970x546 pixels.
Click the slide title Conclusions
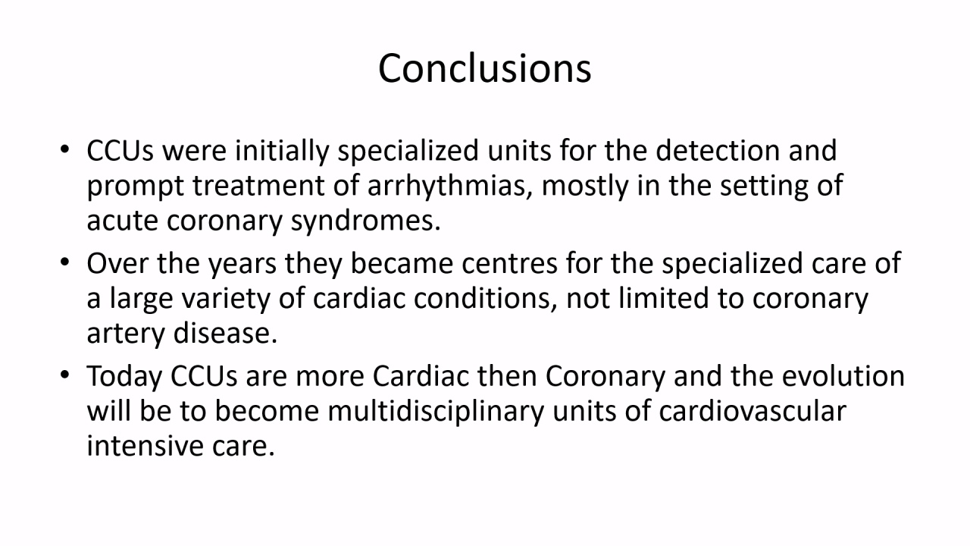(484, 68)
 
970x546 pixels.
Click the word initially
(282, 151)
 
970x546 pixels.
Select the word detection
(718, 150)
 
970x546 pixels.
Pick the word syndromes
(365, 221)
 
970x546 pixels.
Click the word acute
(123, 221)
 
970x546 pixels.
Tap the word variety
(226, 299)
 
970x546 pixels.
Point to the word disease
(225, 333)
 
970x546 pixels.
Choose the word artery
(126, 334)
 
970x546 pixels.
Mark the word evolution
(843, 375)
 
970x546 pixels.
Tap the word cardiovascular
(753, 411)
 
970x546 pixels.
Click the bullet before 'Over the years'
(65, 262)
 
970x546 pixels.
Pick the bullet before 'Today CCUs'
(65, 375)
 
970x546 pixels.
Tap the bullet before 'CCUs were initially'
(65, 150)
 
